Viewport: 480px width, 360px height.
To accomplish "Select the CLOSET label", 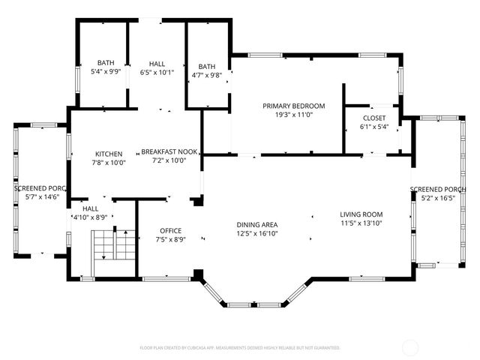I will pos(374,118).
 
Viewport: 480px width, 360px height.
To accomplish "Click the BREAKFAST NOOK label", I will pos(169,151).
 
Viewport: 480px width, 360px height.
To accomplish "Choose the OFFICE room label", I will pos(171,230).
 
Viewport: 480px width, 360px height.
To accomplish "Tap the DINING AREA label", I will pos(257,225).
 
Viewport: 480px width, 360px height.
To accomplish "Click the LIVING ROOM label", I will pos(361,214).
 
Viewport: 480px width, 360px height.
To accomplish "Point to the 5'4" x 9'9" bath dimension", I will pos(104,72).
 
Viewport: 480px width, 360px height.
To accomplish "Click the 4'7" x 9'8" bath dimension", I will pos(206,74).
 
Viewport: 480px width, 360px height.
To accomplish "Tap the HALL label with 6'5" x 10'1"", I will pos(157,64).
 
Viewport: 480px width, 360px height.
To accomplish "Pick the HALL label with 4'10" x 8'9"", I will pos(90,208).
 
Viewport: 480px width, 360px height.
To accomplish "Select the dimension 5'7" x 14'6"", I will pos(41,197).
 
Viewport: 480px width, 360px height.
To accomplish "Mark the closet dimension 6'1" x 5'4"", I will pos(374,127).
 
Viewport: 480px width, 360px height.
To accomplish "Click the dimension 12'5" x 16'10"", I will pos(257,233).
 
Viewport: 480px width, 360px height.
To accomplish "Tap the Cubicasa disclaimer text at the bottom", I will pos(240,347).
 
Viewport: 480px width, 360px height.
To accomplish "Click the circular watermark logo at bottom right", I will pos(411,346).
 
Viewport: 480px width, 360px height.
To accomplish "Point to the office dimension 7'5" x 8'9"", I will pos(171,239).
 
